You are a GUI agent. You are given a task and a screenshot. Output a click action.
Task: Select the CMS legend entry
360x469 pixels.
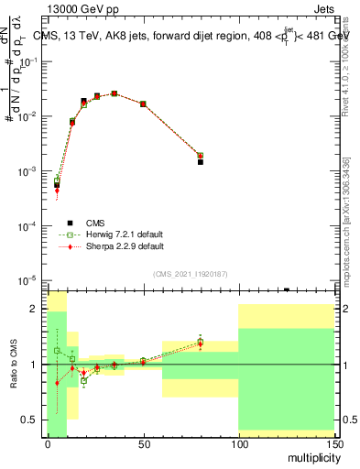click(x=95, y=223)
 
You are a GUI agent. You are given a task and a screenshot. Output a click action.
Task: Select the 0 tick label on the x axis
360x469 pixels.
click(x=48, y=445)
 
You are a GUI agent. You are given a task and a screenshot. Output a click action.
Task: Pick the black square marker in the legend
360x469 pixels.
click(x=70, y=223)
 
